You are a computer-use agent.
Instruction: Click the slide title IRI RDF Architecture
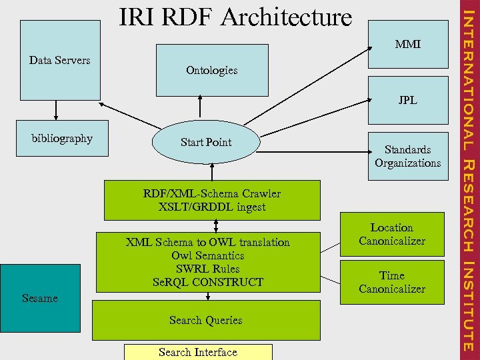tap(235, 17)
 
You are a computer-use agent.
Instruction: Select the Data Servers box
tap(59, 60)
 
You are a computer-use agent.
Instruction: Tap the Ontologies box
tap(211, 70)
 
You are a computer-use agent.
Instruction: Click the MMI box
tap(408, 45)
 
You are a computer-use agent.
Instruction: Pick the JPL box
tap(408, 100)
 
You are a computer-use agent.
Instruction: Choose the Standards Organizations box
tap(407, 157)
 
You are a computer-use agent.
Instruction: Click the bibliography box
tap(62, 139)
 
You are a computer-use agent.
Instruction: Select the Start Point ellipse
tap(206, 143)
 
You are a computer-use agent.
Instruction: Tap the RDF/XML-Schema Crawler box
tap(211, 200)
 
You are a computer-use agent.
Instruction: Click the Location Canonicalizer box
tap(392, 234)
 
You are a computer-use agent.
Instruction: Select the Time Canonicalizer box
tap(392, 282)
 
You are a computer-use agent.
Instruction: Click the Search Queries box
tap(205, 320)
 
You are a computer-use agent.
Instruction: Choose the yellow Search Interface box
tap(198, 352)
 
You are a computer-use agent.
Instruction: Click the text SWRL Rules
tap(207, 269)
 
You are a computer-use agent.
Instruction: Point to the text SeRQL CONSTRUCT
tap(207, 282)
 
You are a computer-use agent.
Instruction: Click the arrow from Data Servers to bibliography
tap(56, 109)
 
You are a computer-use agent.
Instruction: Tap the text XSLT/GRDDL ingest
tap(211, 207)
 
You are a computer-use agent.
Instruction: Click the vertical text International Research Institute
tap(469, 180)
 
